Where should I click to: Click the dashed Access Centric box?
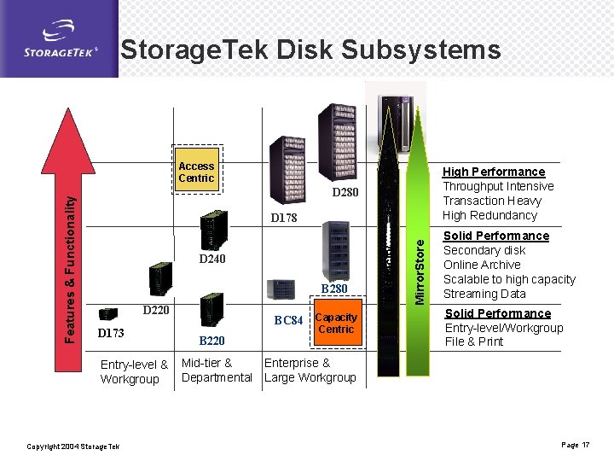click(196, 172)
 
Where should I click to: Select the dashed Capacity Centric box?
click(335, 324)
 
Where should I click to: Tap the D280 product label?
click(345, 192)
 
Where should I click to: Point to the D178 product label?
click(283, 218)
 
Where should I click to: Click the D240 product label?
click(211, 259)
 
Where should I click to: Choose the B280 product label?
click(333, 289)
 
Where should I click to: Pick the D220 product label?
click(156, 310)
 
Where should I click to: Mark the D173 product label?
click(111, 332)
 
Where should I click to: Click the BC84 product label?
click(288, 321)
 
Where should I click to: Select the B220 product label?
click(211, 341)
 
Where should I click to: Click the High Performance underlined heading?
click(493, 172)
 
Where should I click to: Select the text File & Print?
click(474, 341)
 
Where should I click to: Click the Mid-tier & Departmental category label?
click(217, 371)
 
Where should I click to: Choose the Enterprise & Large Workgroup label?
click(310, 371)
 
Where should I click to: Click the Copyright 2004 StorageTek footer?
click(73, 446)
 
